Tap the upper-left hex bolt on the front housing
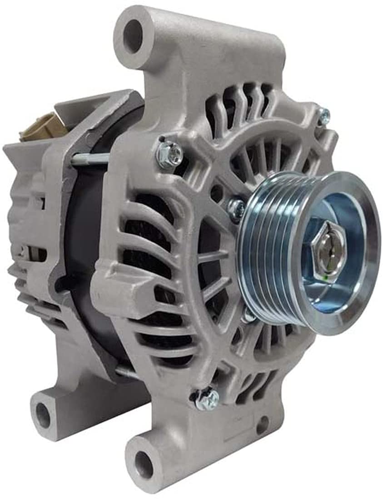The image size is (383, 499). [x=169, y=154]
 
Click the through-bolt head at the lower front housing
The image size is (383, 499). [x=207, y=398]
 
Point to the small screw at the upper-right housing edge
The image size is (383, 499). [x=323, y=116]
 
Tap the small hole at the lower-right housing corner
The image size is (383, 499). [x=262, y=425]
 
